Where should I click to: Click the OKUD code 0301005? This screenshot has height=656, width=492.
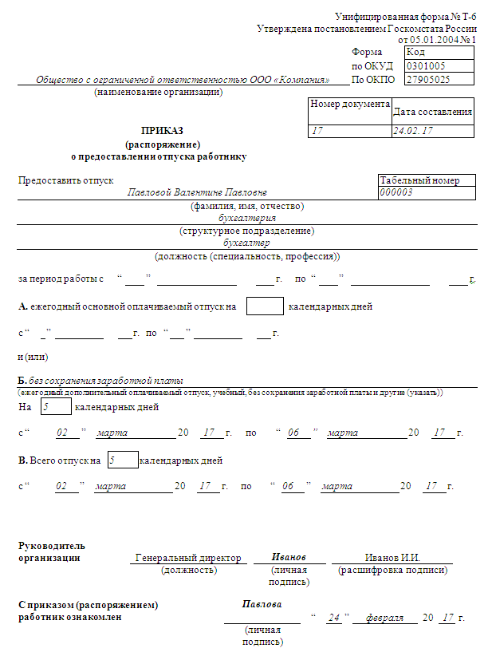click(x=426, y=66)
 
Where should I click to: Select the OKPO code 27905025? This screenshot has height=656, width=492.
click(x=427, y=80)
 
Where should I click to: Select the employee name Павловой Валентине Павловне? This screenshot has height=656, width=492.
click(x=198, y=192)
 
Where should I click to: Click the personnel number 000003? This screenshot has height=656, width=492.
click(x=396, y=192)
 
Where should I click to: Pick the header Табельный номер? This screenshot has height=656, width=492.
click(x=420, y=180)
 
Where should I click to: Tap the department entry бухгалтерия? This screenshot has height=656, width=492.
click(x=247, y=217)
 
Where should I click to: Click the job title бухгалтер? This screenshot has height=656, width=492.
click(x=247, y=243)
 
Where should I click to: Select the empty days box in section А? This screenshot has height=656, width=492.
click(x=265, y=306)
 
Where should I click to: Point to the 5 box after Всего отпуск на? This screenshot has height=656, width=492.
click(x=122, y=460)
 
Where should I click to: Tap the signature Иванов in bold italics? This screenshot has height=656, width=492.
click(x=289, y=556)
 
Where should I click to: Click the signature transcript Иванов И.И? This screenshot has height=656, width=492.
click(x=392, y=557)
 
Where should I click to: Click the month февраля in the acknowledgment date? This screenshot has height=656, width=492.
click(x=384, y=618)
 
